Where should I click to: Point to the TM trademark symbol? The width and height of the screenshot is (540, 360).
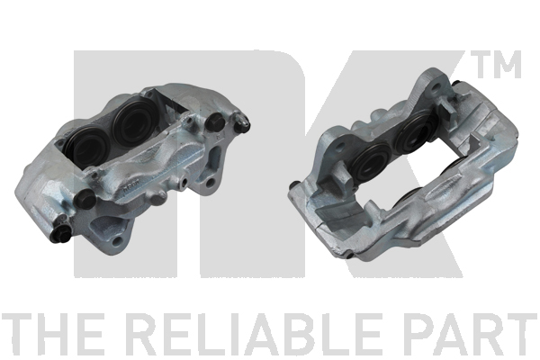click(x=498, y=65)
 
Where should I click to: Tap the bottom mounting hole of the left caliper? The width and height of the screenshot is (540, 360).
click(x=119, y=240)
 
